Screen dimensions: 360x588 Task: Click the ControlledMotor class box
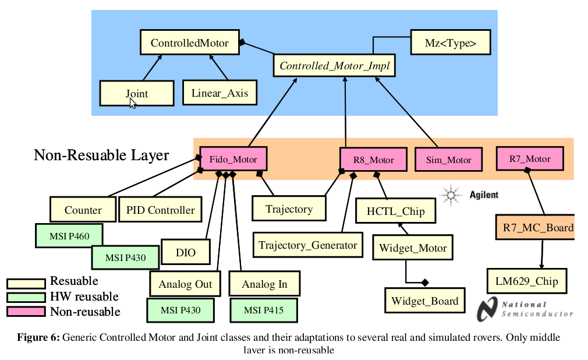click(189, 43)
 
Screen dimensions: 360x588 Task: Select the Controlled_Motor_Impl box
click(334, 65)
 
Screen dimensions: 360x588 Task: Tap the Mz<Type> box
click(451, 43)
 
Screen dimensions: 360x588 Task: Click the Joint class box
click(137, 93)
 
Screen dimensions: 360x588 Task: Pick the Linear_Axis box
click(219, 93)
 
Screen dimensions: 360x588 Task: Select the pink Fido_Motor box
click(233, 158)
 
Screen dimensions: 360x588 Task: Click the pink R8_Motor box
click(374, 160)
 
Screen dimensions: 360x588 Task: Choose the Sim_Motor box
click(448, 160)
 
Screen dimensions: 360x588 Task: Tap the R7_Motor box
click(530, 158)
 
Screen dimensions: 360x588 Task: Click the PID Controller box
click(161, 210)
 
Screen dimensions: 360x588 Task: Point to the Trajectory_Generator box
click(308, 245)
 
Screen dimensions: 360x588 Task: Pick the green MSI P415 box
click(264, 310)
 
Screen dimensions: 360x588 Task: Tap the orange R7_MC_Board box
click(535, 227)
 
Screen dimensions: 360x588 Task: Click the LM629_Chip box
click(526, 281)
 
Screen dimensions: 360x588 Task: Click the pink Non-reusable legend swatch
click(26, 312)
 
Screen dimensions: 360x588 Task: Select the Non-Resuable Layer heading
click(101, 155)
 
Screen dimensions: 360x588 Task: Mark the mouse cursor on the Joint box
click(133, 103)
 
